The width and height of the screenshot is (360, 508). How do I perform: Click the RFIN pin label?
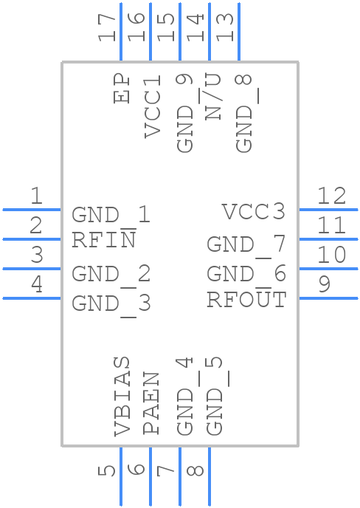click(x=103, y=239)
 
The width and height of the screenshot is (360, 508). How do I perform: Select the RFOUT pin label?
click(x=246, y=298)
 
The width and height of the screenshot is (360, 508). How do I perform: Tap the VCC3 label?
click(x=254, y=212)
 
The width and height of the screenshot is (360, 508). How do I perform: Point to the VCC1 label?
click(x=152, y=106)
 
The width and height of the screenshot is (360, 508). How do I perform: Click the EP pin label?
click(x=122, y=89)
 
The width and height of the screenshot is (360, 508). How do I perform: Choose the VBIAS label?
click(x=122, y=396)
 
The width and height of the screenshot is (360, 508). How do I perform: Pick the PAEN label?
click(x=151, y=403)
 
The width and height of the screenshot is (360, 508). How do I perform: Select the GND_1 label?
click(x=111, y=215)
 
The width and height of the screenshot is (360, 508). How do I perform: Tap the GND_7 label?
click(x=246, y=245)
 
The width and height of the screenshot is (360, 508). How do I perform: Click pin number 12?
click(x=331, y=196)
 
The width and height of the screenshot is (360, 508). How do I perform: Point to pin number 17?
click(x=107, y=27)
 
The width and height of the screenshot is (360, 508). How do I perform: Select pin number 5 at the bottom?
click(x=106, y=471)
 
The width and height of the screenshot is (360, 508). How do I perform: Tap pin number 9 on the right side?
click(x=325, y=284)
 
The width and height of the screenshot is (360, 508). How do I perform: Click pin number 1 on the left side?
click(x=37, y=196)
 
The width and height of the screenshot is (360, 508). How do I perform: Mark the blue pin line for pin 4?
click(x=32, y=298)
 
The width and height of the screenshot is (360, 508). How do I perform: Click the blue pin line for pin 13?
click(x=239, y=32)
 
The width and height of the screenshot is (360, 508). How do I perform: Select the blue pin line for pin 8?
click(x=210, y=476)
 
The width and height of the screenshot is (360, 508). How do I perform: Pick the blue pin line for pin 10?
click(x=328, y=269)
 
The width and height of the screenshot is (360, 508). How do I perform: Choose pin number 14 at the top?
click(x=195, y=27)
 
